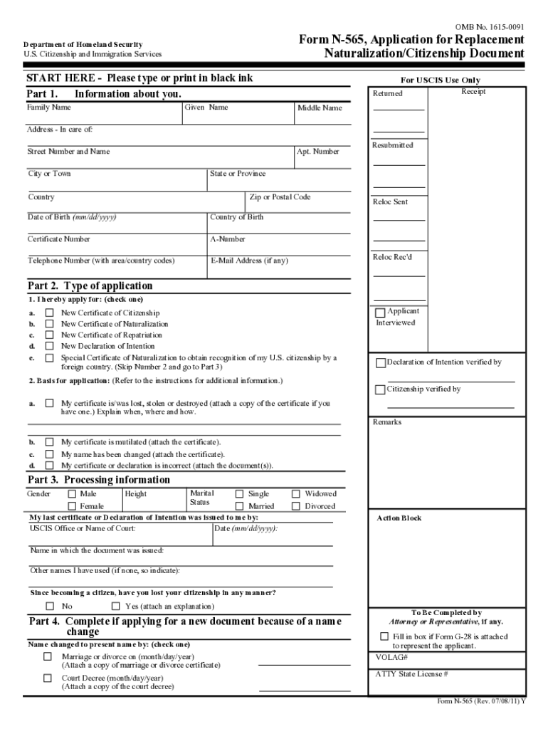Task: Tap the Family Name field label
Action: pos(49,107)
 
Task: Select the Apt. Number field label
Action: pos(318,152)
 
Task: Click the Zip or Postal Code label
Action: pos(280,197)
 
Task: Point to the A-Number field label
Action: pos(228,240)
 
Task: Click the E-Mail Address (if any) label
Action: pos(250,261)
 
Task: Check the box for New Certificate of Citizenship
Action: pos(50,313)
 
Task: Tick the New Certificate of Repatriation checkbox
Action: pos(50,335)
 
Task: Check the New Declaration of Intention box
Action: pos(50,346)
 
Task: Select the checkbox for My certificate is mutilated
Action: pos(50,442)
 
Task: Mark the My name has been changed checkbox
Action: pos(50,453)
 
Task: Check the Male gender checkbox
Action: pos(72,494)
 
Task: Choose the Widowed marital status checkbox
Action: pos(296,494)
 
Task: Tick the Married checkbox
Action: pos(239,507)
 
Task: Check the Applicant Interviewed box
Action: pos(381,313)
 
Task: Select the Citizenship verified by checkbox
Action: pos(381,389)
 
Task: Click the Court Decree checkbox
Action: pos(48,678)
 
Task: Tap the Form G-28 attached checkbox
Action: pos(384,636)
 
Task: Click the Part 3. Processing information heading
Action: pos(99,480)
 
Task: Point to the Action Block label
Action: pos(399,518)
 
